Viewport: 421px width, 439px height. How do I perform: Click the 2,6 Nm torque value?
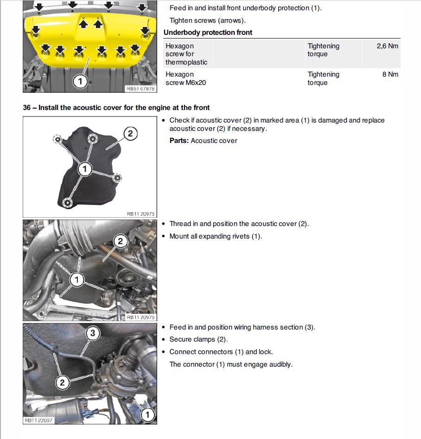pos(388,46)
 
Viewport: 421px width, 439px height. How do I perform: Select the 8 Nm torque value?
pos(390,74)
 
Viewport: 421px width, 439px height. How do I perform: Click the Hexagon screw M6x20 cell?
pos(185,78)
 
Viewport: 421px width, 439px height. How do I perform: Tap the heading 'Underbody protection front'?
pos(208,32)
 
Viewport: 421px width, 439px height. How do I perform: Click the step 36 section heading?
pos(116,108)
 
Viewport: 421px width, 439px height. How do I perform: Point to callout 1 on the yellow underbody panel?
pos(80,81)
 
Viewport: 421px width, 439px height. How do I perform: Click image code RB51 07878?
pos(140,89)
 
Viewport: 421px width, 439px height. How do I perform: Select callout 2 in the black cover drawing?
pos(130,134)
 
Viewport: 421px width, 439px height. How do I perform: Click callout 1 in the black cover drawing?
pos(84,169)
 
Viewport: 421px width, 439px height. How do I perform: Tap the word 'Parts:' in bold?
pos(179,141)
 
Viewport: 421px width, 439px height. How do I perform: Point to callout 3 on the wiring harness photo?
pos(93,333)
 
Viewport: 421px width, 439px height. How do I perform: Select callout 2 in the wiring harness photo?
pos(63,382)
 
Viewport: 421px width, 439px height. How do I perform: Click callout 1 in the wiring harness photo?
pos(147,414)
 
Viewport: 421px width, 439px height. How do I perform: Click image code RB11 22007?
pos(39,420)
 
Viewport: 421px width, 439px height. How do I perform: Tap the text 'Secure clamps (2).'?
pos(198,339)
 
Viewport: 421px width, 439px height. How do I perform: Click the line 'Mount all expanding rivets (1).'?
pos(216,236)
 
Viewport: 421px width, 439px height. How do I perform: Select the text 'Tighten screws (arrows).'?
pos(207,20)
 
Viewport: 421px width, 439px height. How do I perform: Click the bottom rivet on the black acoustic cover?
pos(68,202)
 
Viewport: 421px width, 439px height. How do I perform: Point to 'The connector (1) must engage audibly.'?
pos(231,364)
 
